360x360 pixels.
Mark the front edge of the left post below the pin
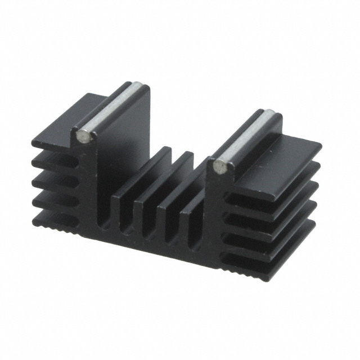(90, 186)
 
